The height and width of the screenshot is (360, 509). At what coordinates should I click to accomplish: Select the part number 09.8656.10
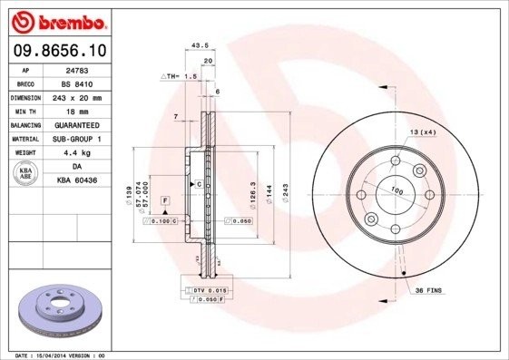point(60,52)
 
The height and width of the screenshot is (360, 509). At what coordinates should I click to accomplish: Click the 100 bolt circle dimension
point(396,190)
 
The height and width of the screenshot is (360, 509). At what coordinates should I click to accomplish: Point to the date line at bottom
point(54,355)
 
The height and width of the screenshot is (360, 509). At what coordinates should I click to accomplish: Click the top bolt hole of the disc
point(396,161)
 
